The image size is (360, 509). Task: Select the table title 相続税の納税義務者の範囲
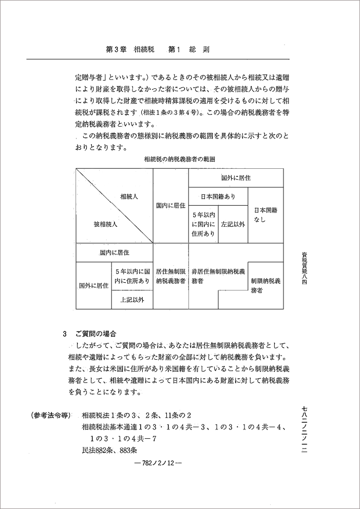point(180,160)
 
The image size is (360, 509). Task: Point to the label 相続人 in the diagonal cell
point(129,197)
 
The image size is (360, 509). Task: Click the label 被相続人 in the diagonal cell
point(106,224)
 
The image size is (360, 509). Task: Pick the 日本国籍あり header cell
point(218,197)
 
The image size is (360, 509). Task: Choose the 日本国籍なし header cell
point(266,214)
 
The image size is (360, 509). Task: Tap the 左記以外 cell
point(233,224)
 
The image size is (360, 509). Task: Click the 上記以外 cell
point(132,300)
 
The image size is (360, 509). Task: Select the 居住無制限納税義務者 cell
point(170,276)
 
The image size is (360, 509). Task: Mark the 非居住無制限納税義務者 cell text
point(218,276)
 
